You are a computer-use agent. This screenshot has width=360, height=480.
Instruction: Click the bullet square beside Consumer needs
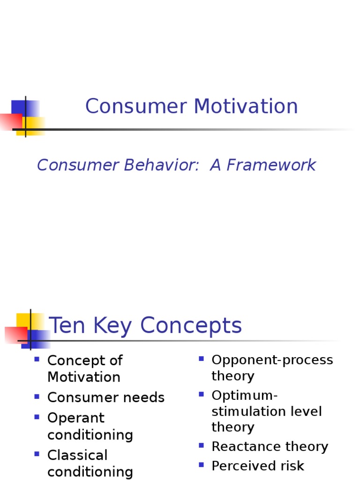[37, 397]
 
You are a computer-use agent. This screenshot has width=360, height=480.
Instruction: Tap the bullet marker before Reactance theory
[201, 445]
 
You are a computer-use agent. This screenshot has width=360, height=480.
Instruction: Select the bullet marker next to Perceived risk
[201, 465]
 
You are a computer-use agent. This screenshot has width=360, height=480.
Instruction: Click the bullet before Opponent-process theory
[201, 359]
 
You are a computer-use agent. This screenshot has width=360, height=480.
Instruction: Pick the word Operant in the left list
[76, 418]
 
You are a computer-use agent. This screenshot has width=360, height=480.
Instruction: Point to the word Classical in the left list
[77, 455]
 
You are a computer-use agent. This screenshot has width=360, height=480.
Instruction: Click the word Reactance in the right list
[241, 447]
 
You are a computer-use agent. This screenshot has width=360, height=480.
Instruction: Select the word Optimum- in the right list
[245, 395]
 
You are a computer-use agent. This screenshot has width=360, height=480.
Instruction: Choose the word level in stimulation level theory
[305, 412]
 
